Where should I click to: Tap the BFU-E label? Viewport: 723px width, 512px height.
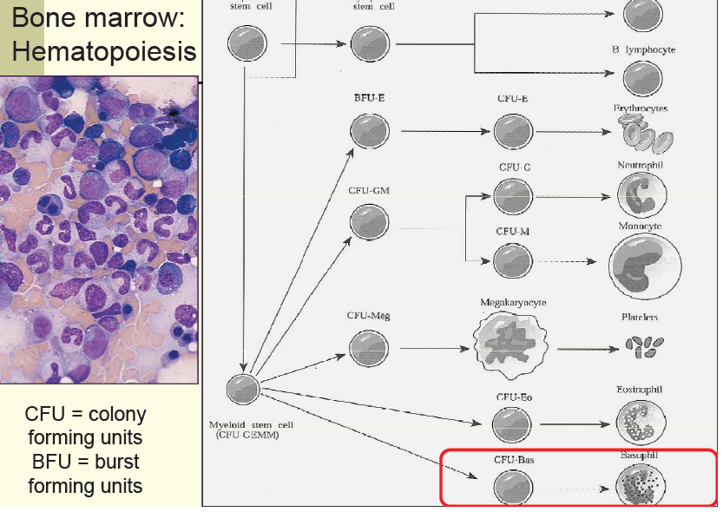click(369, 97)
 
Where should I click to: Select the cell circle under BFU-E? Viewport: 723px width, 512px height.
click(364, 131)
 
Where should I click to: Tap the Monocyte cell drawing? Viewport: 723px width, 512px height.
click(644, 266)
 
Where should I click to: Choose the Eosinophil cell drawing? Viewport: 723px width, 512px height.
click(641, 422)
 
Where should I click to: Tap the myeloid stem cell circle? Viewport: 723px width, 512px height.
click(243, 392)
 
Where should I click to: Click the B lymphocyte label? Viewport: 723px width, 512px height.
click(642, 49)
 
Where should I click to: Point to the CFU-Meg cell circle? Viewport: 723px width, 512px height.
click(364, 348)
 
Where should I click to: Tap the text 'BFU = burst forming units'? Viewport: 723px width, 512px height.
click(84, 473)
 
